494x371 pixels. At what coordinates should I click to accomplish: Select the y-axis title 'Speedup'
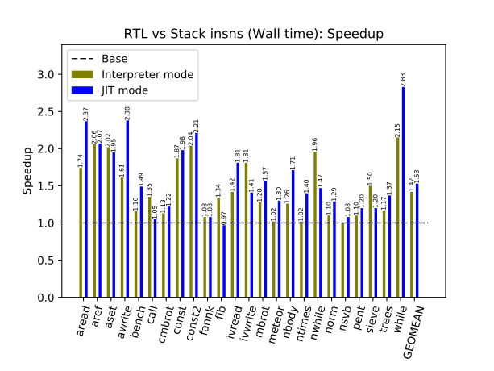[x=27, y=171]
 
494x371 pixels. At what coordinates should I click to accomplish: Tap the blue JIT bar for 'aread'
[x=86, y=209]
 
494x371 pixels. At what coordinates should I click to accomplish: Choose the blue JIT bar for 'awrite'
[x=127, y=209]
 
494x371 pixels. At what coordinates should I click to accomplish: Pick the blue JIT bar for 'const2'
[x=196, y=215]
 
